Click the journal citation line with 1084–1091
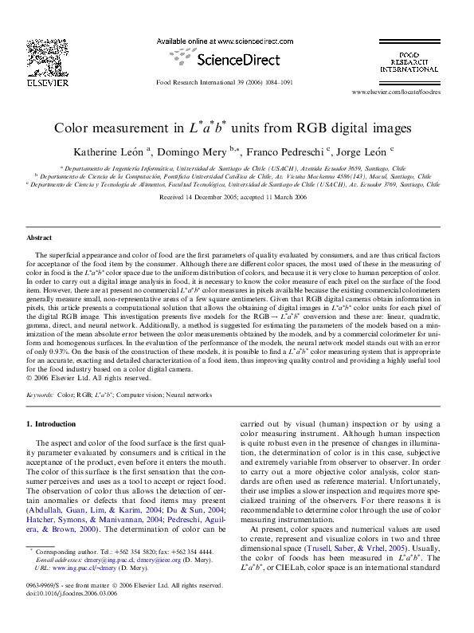(x=224, y=82)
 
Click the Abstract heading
(x=39, y=238)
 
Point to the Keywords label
(x=40, y=395)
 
